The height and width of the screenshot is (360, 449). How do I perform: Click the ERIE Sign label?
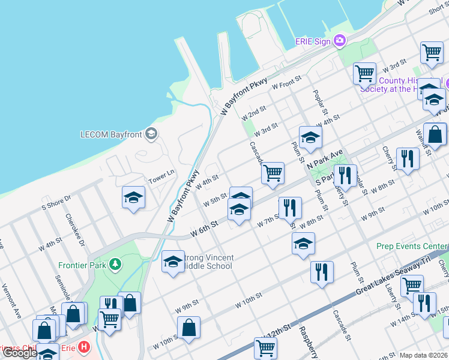tap(313, 41)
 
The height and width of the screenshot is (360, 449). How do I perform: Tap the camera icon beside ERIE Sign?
tap(340, 41)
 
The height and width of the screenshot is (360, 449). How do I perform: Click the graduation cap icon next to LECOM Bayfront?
tap(151, 133)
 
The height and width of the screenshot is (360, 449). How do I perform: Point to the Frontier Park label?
tap(82, 265)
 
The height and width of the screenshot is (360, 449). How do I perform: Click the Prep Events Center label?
tap(412, 246)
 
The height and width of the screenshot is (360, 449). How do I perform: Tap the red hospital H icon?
tap(83, 347)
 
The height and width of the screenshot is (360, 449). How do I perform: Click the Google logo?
tap(20, 353)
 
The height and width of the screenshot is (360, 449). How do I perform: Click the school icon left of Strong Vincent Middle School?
tap(173, 262)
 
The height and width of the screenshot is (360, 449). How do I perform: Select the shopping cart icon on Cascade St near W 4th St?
tap(273, 173)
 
